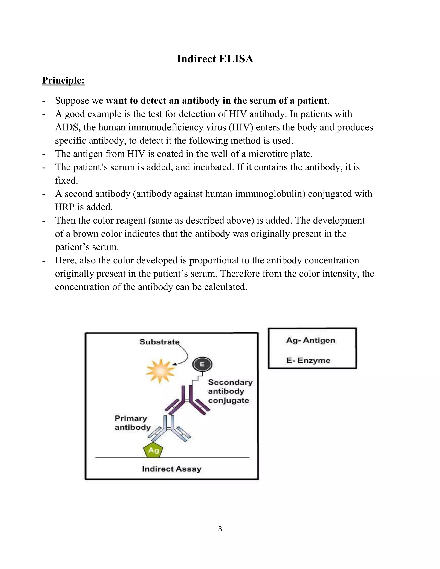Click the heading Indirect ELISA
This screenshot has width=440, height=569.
click(215, 59)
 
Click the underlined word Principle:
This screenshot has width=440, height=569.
click(63, 80)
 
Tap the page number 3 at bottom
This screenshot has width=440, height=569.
click(220, 529)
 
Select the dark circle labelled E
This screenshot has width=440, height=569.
click(202, 364)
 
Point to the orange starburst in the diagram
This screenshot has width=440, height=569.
click(160, 371)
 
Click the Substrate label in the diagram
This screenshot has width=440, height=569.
click(159, 342)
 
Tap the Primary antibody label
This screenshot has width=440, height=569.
click(132, 423)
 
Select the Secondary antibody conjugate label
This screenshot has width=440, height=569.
click(230, 391)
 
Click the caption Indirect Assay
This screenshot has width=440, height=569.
click(171, 469)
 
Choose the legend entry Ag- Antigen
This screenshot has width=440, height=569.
click(310, 340)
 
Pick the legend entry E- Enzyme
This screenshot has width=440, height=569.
click(308, 361)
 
